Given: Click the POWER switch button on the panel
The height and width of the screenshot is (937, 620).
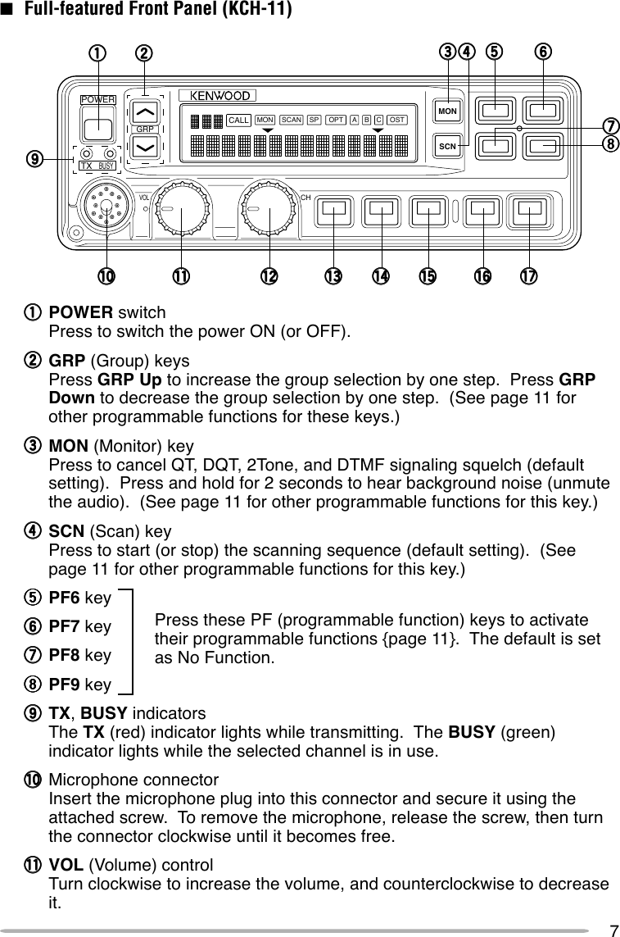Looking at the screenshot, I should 99,128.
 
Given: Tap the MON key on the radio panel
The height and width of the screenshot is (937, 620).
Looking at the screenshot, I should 447,111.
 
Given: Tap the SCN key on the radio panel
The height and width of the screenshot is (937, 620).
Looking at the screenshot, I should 447,146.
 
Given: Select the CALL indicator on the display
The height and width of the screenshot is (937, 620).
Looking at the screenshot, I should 238,120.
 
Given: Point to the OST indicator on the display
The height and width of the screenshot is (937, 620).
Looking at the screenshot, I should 397,120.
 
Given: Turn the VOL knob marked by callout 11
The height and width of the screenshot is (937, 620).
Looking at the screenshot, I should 180,210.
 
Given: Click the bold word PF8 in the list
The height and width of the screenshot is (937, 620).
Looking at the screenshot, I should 66,656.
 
